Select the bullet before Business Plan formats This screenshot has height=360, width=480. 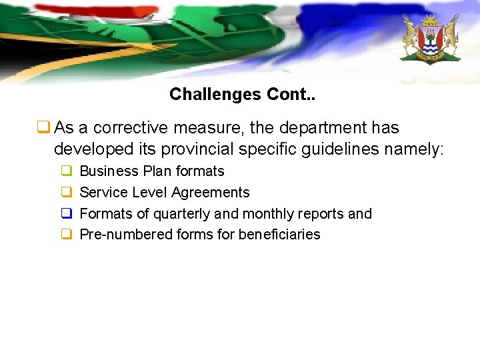pyautogui.click(x=67, y=171)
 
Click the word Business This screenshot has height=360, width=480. pyautogui.click(x=109, y=171)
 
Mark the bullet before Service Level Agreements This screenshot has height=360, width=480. pyautogui.click(x=67, y=193)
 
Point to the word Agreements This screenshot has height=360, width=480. pyautogui.click(x=210, y=193)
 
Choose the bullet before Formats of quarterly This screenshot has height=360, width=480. pyautogui.click(x=67, y=214)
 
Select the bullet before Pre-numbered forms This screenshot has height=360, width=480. pyautogui.click(x=67, y=235)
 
